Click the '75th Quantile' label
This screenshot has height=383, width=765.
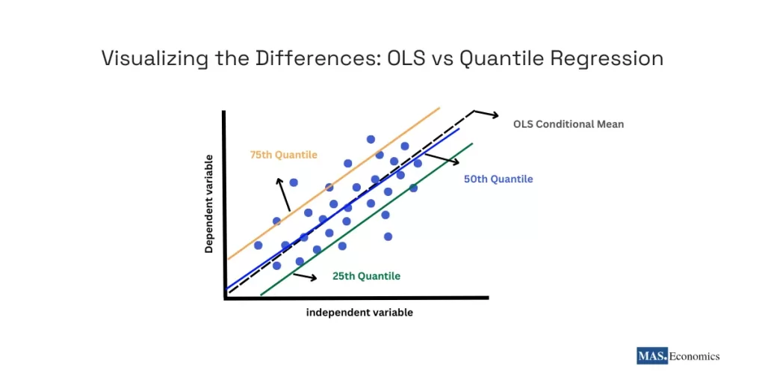click(283, 155)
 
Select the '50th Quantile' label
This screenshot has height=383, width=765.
click(498, 179)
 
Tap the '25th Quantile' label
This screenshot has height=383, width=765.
click(366, 276)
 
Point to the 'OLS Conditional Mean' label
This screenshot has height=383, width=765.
click(568, 124)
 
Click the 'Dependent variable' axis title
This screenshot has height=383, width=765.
click(209, 203)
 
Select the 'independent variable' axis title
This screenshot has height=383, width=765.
click(359, 313)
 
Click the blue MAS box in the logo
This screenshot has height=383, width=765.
click(652, 356)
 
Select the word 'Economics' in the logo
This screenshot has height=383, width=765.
click(694, 356)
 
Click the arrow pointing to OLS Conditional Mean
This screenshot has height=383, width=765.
click(486, 114)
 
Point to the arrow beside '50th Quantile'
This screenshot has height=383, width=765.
click(442, 159)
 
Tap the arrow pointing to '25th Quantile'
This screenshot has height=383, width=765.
click(305, 276)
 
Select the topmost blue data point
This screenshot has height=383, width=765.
click(371, 139)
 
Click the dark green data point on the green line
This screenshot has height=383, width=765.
click(413, 188)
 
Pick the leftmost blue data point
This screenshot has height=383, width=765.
click(258, 245)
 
